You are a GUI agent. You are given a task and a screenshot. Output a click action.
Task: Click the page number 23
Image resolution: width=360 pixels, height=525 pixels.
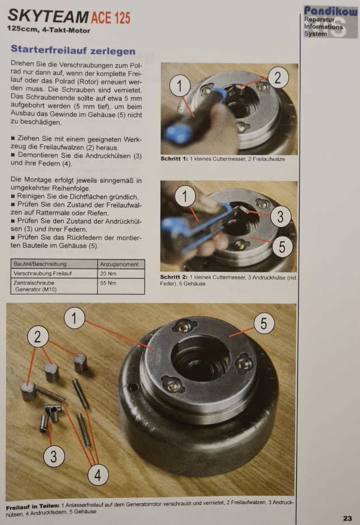(x=347, y=518)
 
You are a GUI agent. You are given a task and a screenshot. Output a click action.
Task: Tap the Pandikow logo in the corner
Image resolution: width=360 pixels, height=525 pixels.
(x=330, y=22)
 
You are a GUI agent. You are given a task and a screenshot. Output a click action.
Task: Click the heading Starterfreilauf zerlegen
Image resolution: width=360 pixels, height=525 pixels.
(x=73, y=50)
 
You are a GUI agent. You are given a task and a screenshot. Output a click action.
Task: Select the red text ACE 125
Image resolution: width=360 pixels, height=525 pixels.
(x=111, y=18)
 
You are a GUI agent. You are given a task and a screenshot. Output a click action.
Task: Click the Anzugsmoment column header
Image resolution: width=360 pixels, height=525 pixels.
(x=119, y=264)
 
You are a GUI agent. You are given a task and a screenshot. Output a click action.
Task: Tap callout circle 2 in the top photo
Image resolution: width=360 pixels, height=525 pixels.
(x=278, y=78)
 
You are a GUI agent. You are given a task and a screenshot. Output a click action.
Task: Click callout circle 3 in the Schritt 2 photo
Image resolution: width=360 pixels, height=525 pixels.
(x=280, y=216)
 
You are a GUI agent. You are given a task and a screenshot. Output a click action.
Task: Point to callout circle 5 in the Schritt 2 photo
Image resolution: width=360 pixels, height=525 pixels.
(x=282, y=247)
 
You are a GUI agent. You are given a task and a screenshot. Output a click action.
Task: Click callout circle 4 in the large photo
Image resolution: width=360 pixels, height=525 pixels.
(x=98, y=475)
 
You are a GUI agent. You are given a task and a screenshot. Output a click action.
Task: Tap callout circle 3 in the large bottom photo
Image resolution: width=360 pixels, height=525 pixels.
(x=54, y=456)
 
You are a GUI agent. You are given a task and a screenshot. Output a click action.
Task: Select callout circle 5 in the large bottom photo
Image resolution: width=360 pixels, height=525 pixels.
(x=264, y=323)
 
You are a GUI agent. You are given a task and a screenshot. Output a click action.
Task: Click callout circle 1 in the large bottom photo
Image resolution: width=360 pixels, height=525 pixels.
(x=74, y=318)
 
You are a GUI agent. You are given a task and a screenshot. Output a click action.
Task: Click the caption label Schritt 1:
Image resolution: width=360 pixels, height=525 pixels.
(x=174, y=159)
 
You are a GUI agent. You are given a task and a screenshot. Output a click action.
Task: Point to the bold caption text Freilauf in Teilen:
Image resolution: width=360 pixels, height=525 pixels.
(x=33, y=507)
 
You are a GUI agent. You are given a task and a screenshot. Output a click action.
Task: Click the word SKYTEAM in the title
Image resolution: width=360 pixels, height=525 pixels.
(x=48, y=16)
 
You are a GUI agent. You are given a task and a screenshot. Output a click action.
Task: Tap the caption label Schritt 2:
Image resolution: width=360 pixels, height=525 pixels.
(x=174, y=277)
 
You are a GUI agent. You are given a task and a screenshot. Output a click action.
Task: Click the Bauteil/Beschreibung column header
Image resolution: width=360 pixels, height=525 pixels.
(x=40, y=264)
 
